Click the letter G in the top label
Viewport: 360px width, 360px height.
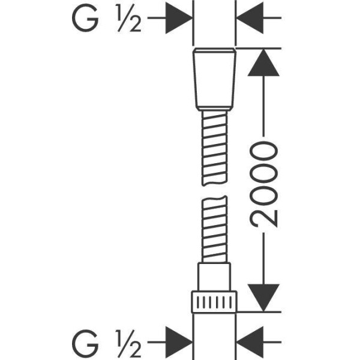(85, 17)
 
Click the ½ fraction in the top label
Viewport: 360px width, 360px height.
(129, 17)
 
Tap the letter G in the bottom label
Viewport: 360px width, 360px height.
(85, 342)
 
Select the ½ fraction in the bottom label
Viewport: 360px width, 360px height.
(129, 343)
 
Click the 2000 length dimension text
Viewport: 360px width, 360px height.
(263, 184)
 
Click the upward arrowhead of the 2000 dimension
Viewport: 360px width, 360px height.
(263, 62)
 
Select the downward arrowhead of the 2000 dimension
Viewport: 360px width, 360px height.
(263, 298)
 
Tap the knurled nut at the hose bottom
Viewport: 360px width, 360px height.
(214, 302)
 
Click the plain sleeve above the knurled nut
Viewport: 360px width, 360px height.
(214, 277)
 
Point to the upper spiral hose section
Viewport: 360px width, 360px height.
(214, 148)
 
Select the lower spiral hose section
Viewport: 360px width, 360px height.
(214, 229)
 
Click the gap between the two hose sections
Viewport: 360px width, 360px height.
(214, 191)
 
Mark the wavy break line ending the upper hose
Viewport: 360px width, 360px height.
(214, 184)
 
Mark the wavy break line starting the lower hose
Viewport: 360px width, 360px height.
(214, 199)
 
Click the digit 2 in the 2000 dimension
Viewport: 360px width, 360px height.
(264, 218)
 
